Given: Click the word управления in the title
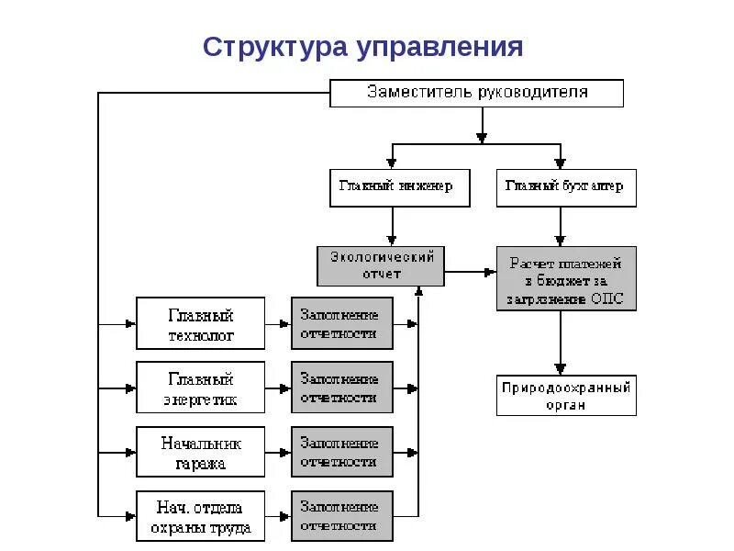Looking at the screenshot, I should [x=436, y=47].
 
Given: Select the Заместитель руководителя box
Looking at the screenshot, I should [x=476, y=93].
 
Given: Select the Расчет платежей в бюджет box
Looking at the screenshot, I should [x=566, y=278].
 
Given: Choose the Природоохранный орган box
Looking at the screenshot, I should [x=566, y=396].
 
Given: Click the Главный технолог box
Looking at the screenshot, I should [x=200, y=323].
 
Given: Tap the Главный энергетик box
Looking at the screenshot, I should [x=200, y=388].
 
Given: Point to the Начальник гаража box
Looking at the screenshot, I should [x=200, y=452].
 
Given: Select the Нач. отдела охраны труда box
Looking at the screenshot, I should [x=200, y=517].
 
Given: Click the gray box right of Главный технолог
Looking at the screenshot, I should [x=342, y=323].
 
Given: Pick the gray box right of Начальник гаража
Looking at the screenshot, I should [x=342, y=452].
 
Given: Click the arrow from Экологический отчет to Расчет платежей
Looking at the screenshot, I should [x=471, y=272].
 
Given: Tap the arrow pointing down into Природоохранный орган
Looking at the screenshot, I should [x=560, y=343].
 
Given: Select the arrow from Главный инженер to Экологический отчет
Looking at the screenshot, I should [x=393, y=226].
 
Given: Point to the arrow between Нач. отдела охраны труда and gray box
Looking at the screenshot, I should [x=278, y=517].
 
